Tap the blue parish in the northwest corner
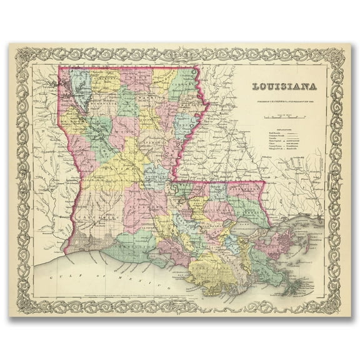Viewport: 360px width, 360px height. (80, 84)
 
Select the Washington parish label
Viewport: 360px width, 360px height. (250, 187)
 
